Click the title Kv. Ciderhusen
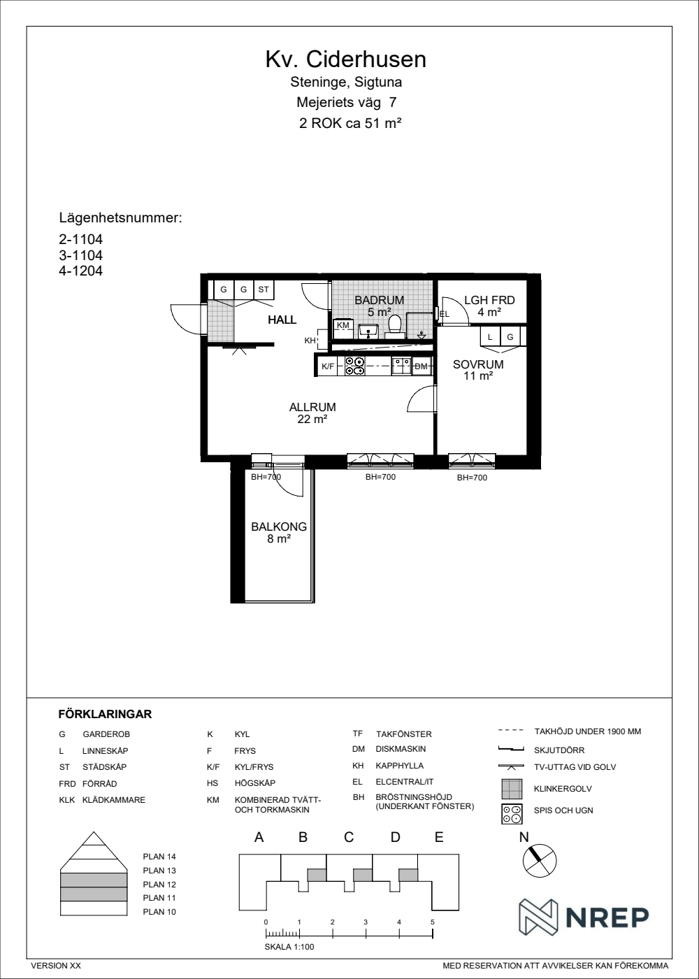point(345,59)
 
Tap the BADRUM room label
point(379,300)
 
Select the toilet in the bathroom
point(395,327)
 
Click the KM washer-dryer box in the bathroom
point(343,329)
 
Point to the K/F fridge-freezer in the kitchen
point(329,366)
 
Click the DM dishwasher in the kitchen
point(421,366)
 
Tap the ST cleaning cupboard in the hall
point(264,290)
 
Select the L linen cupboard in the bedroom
point(490,336)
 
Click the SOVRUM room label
point(478,364)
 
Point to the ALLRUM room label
point(312,407)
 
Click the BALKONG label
point(279,527)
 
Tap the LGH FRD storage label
point(489,300)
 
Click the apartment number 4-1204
point(81,271)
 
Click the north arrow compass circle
point(540,861)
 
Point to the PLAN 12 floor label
point(159,884)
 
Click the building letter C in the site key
point(349,838)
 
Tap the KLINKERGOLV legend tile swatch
point(512,789)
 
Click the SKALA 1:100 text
point(289,947)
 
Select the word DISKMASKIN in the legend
point(401,749)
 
